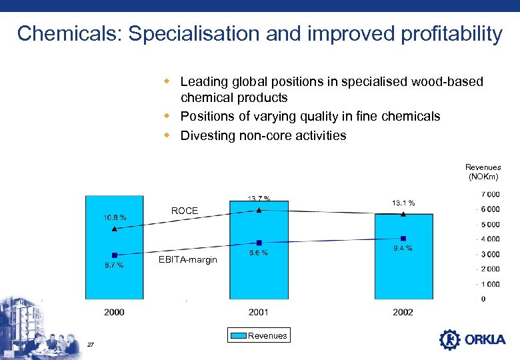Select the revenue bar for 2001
259,280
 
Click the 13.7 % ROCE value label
259,198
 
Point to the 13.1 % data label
403,203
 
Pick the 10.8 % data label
115,217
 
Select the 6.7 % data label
115,265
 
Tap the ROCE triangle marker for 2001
259,210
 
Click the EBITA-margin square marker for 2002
403,238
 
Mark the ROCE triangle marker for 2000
115,229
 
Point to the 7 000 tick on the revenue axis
490,194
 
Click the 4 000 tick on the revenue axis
490,239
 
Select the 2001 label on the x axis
259,311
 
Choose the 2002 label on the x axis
403,311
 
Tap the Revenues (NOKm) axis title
483,172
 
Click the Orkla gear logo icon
450,339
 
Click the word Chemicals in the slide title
67,34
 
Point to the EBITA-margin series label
187,259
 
